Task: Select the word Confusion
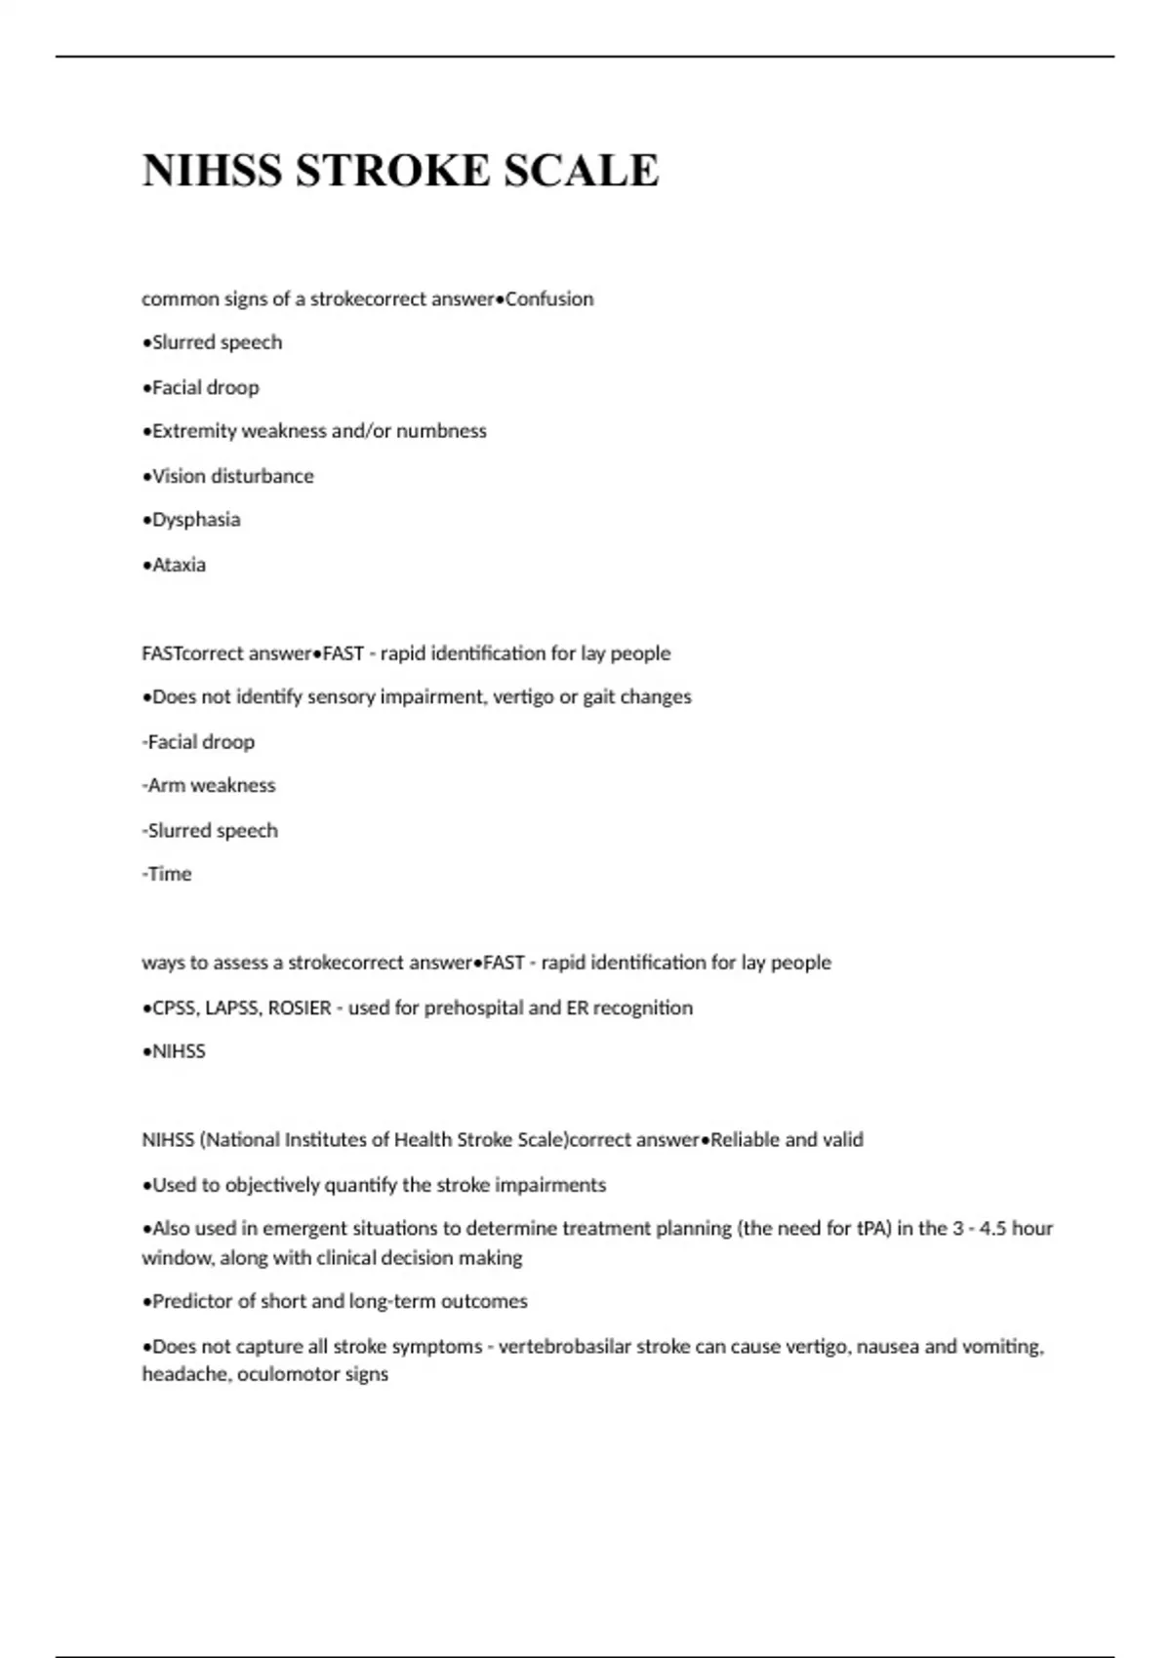click(x=549, y=299)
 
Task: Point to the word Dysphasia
click(x=196, y=520)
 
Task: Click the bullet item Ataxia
click(x=179, y=565)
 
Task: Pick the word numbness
click(x=441, y=431)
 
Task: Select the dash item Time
click(x=170, y=874)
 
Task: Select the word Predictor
click(x=194, y=1301)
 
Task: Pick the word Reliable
click(x=746, y=1140)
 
